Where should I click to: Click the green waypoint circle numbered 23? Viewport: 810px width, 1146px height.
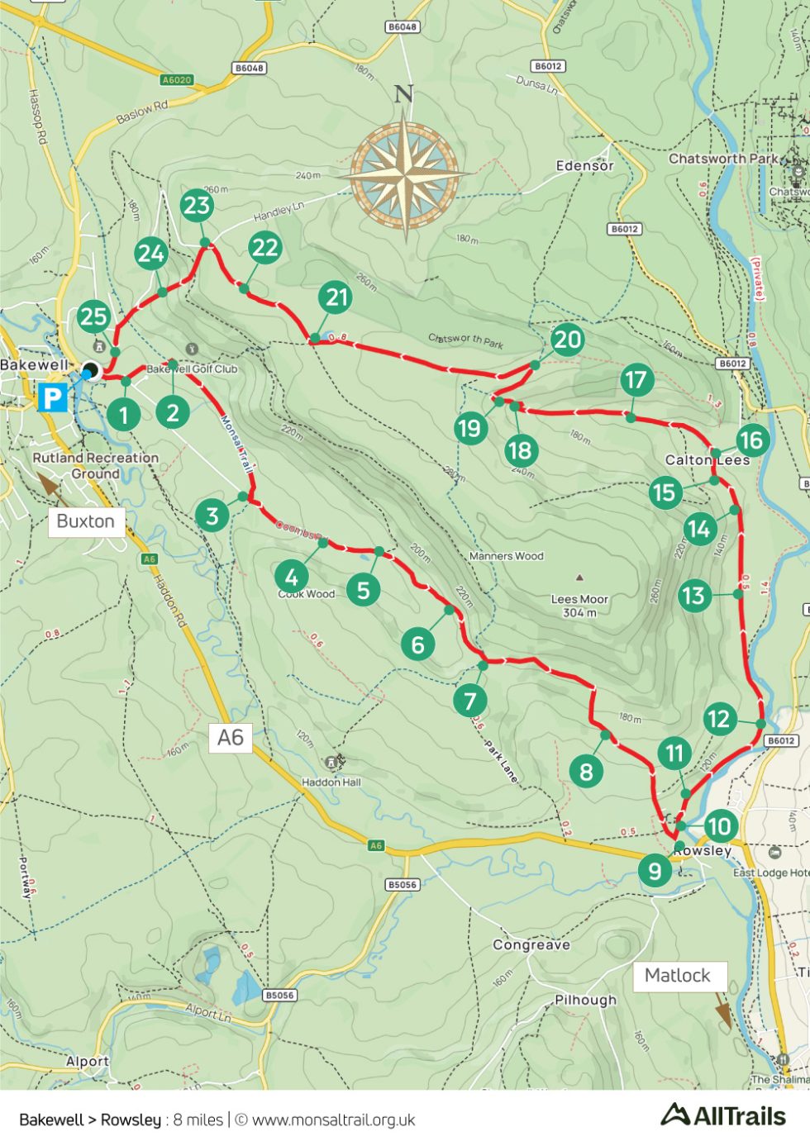197,205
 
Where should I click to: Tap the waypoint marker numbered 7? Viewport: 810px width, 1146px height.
470,701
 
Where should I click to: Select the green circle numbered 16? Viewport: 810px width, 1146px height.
751,440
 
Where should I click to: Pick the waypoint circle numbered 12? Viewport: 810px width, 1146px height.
719,719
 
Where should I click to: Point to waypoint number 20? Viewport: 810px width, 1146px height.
567,340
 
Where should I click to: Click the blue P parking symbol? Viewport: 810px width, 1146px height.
52,397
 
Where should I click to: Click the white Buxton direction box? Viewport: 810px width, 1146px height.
86,521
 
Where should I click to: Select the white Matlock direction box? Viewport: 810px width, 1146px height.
678,976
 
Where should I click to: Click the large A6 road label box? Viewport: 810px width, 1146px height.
231,737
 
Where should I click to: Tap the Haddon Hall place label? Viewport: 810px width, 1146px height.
331,782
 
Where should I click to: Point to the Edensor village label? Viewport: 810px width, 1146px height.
584,166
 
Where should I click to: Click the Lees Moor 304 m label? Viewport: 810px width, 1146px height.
579,606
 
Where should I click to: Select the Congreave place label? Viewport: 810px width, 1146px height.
531,944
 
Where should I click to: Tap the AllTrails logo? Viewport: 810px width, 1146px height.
723,1116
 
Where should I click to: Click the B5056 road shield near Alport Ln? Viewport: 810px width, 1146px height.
279,995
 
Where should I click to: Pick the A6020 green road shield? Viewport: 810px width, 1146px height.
176,80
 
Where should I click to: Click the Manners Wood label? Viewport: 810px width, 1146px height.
506,556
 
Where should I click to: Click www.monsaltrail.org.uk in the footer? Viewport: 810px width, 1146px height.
333,1120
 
